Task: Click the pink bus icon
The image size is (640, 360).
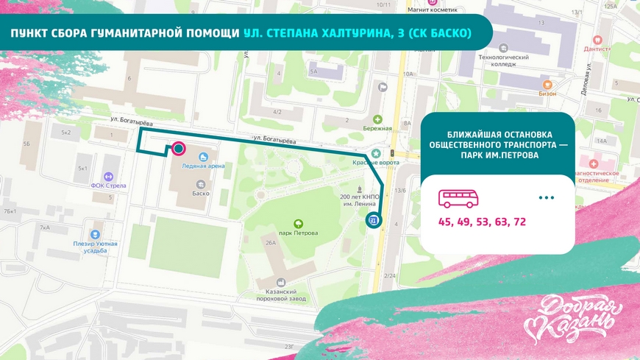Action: point(458,198)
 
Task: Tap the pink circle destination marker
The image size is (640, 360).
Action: point(178,149)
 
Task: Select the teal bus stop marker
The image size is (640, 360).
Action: point(374,219)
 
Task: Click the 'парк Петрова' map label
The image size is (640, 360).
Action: point(299,233)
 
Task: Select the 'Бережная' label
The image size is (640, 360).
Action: point(378,127)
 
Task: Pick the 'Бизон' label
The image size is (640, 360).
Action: point(547,93)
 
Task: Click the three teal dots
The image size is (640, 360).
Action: point(546,198)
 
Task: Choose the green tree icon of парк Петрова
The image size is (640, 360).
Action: point(299,223)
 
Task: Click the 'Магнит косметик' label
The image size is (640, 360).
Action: point(433,11)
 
